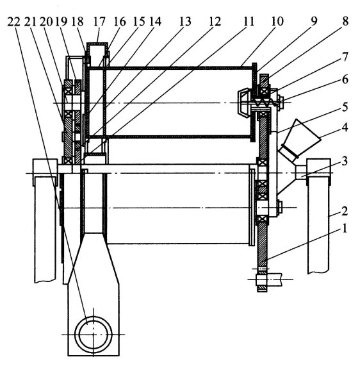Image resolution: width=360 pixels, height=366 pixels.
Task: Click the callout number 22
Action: tap(13, 22)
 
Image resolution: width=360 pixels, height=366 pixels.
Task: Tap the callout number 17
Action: tap(99, 22)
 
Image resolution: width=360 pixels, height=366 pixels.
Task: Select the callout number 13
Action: tap(185, 22)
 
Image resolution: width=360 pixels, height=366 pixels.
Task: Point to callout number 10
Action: tap(277, 21)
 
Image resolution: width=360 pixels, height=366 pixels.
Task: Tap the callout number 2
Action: tap(345, 211)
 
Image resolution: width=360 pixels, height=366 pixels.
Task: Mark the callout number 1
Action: tap(345, 228)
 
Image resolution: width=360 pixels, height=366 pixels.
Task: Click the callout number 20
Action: tap(46, 22)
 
